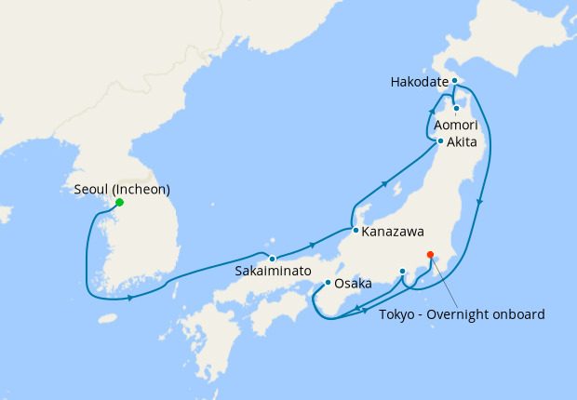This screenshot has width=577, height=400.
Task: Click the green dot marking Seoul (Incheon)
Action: point(119,203)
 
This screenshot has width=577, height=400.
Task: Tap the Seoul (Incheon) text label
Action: point(121,190)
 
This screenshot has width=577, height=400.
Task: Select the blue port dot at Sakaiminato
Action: point(272,259)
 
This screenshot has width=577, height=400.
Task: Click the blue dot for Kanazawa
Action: point(355,229)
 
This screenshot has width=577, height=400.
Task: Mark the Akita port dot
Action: point(440,141)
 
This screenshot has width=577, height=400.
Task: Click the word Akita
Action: point(463,142)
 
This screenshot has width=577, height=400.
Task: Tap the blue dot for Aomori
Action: point(456,109)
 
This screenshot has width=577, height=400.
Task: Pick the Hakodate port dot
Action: point(454,81)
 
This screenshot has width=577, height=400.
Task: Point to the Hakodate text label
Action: point(420,82)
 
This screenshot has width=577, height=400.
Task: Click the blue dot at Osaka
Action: point(328,282)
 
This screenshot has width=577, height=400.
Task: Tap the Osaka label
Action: point(353,283)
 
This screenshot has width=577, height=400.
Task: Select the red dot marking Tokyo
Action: point(430,254)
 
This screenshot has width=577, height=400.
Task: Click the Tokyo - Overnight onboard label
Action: point(462,314)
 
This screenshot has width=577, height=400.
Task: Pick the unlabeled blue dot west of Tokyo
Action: point(402,271)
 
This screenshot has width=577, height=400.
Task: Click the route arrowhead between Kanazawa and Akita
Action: point(383,186)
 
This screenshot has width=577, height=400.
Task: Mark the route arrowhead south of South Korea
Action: point(130,298)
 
